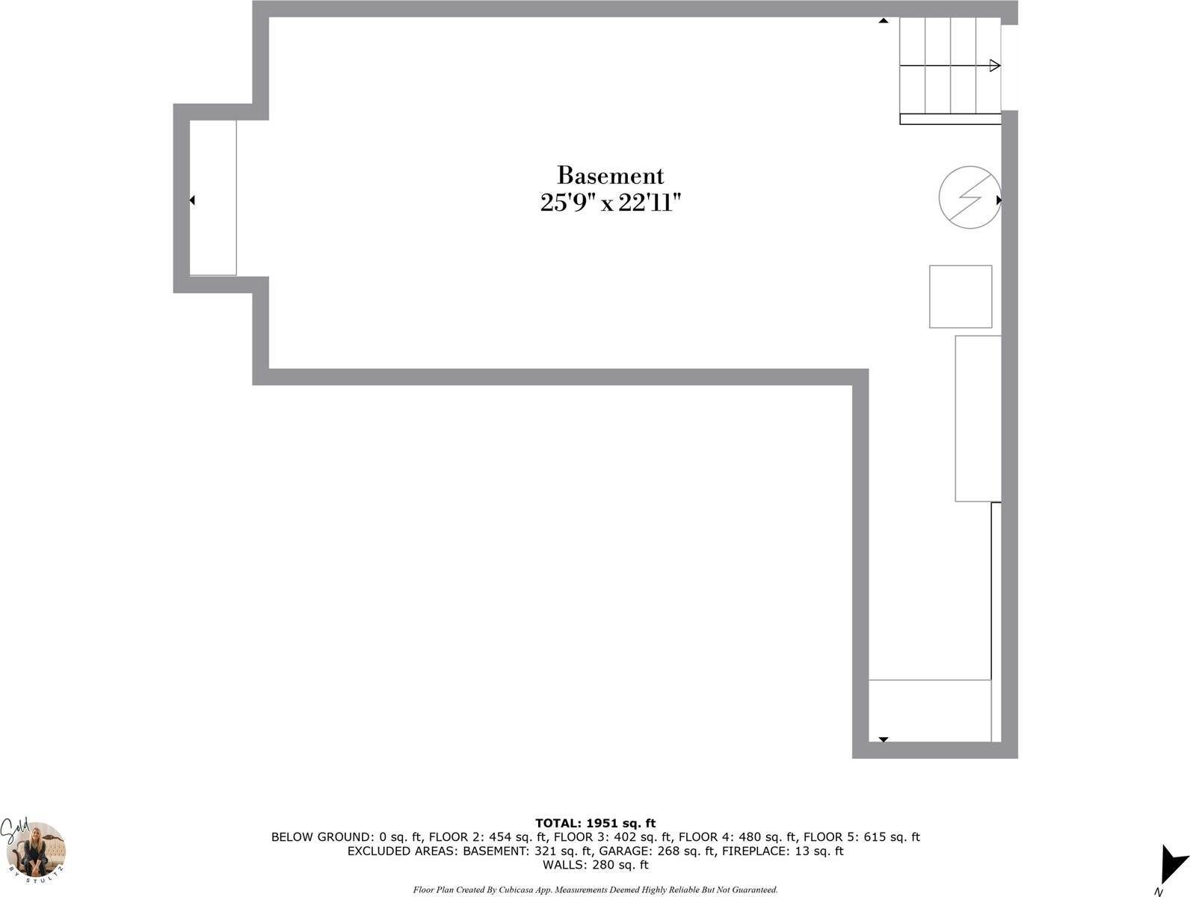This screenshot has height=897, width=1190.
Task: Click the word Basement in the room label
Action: click(x=610, y=175)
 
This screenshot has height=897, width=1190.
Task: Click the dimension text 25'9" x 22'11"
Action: click(x=610, y=203)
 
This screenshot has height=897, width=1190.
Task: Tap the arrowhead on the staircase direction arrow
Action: click(x=995, y=66)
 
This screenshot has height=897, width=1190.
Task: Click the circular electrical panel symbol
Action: click(x=969, y=197)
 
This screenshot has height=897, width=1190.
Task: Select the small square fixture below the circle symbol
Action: click(x=961, y=297)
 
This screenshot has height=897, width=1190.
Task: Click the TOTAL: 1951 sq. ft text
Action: click(x=595, y=823)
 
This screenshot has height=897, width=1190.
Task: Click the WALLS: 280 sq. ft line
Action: click(x=595, y=865)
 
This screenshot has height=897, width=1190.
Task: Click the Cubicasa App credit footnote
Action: click(x=595, y=890)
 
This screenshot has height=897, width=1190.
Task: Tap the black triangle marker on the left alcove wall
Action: click(x=192, y=200)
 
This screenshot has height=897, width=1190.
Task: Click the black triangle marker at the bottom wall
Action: click(x=883, y=739)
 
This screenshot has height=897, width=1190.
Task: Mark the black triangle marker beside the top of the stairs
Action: click(x=883, y=21)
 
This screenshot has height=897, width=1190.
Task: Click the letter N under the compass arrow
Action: click(x=1158, y=892)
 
